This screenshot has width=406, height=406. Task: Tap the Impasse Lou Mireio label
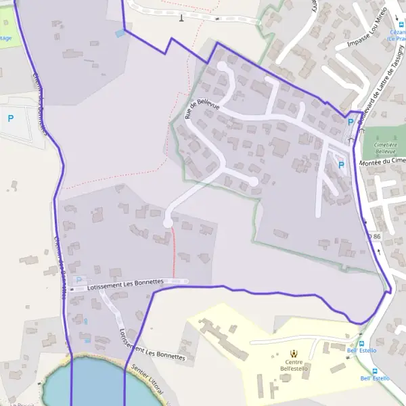click(x=366, y=28)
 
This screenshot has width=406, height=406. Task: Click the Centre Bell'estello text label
click(x=294, y=365)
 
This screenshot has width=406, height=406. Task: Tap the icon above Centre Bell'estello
click(x=294, y=353)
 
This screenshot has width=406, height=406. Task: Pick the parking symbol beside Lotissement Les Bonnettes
click(x=78, y=279)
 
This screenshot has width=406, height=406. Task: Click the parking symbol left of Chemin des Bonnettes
click(x=10, y=118)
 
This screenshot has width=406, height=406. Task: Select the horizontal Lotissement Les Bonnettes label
click(x=125, y=284)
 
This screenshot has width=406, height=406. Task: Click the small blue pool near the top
click(x=120, y=32)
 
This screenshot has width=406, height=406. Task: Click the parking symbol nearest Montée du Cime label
click(x=341, y=164)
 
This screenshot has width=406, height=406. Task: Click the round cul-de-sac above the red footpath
click(x=168, y=222)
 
